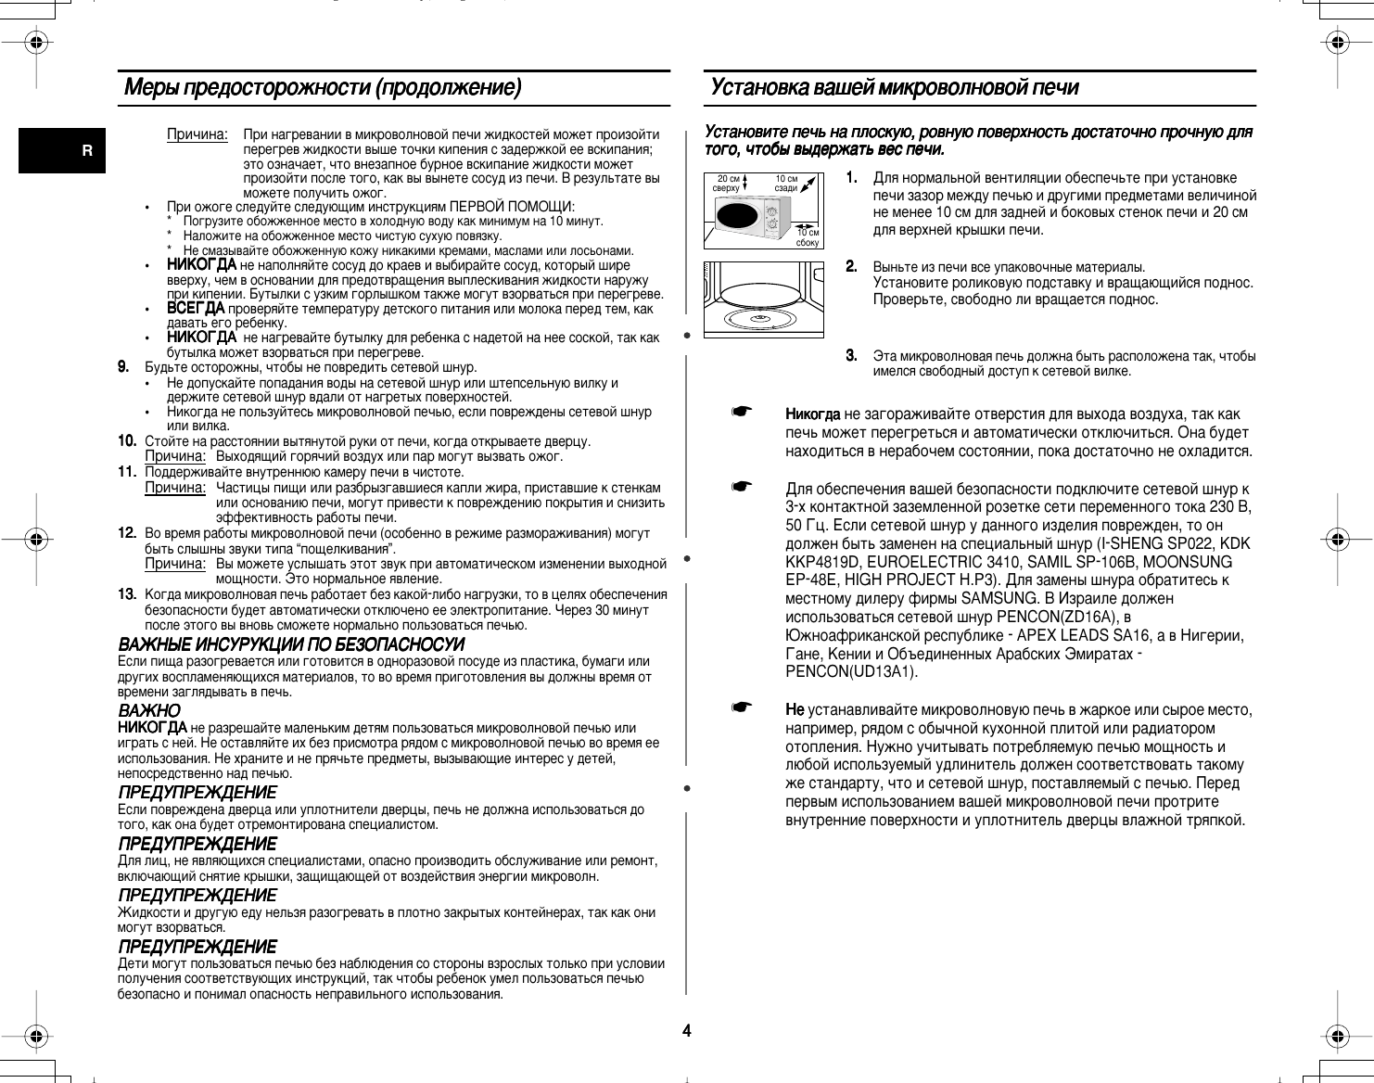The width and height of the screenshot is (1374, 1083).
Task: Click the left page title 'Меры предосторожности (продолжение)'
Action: [323, 89]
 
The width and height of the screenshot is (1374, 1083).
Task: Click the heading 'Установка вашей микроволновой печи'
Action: [894, 89]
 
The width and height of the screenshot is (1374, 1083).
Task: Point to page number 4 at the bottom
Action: [687, 1030]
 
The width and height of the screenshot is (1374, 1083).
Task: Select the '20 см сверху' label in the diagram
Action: [728, 183]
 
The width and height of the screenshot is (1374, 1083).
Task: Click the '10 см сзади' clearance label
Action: [786, 183]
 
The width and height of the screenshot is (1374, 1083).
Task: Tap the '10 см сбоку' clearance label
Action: [808, 236]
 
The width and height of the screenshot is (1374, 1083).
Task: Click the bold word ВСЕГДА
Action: [195, 308]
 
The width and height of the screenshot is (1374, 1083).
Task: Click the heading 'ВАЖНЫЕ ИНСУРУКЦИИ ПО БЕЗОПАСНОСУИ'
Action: [291, 644]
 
